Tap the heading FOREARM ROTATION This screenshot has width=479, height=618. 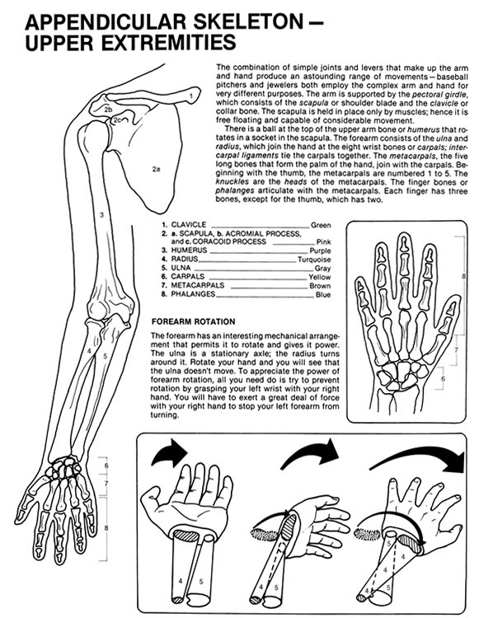(x=193, y=321)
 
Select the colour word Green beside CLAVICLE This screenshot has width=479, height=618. (x=321, y=225)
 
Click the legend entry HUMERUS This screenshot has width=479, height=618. (x=189, y=250)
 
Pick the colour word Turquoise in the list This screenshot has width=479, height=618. (x=314, y=260)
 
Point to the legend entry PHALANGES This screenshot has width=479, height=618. (x=193, y=294)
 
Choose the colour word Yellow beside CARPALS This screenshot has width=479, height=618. (x=320, y=277)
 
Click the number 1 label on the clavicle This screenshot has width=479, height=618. (x=190, y=96)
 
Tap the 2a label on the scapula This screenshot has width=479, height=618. (x=156, y=170)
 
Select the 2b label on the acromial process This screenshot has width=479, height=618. (x=109, y=110)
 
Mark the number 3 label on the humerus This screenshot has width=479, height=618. (x=101, y=215)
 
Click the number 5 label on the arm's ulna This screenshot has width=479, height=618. (x=105, y=356)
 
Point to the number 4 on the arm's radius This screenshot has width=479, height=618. (x=90, y=350)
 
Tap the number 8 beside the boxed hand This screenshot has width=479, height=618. (x=463, y=276)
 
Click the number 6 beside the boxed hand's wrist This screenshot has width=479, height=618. (x=443, y=379)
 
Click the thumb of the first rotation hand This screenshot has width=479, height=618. (x=153, y=498)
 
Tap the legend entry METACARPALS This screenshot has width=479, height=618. (x=198, y=285)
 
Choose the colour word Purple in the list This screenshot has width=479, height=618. (x=320, y=250)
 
